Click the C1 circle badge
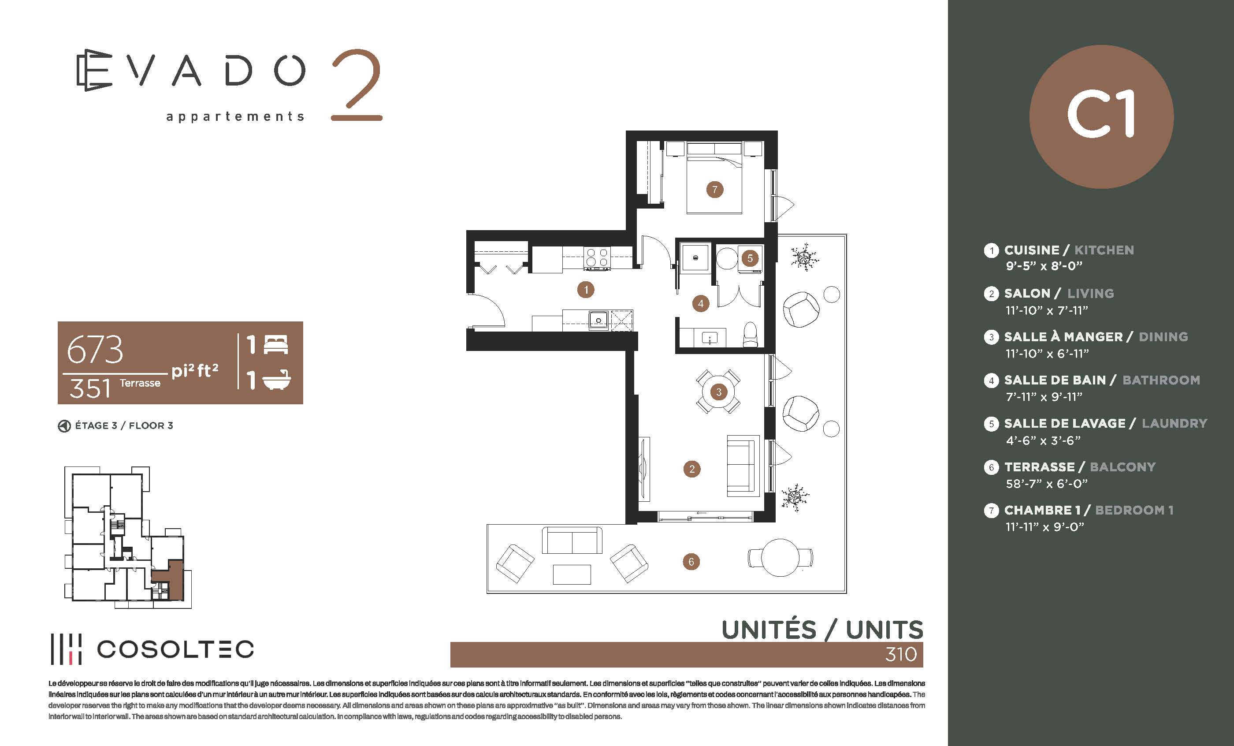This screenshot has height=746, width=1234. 1101,116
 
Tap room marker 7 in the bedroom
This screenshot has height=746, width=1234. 715,190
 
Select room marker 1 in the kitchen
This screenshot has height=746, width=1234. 585,289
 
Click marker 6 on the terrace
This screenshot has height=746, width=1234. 691,562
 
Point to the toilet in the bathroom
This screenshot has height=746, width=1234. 750,334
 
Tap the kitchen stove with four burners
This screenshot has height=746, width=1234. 597,259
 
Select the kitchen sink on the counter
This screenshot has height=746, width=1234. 598,320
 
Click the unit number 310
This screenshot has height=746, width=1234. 901,654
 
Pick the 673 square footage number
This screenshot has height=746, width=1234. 95,350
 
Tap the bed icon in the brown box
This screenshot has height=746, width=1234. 276,345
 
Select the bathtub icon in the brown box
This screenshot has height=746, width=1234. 276,380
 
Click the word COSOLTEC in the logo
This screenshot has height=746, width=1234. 175,649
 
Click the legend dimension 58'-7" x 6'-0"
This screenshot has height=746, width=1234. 1047,484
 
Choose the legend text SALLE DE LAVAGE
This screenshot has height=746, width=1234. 1065,423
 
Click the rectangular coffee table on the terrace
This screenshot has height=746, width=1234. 572,574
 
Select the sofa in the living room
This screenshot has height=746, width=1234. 742,466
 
